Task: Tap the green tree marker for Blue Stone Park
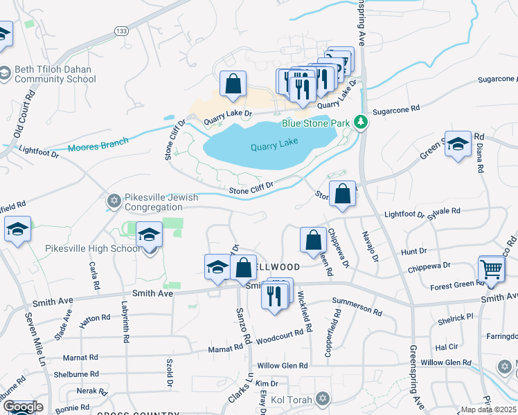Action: point(359,122)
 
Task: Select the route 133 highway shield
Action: point(122,30)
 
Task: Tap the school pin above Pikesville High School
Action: point(149,237)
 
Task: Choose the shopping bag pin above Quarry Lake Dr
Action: point(233,85)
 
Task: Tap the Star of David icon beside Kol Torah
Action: point(321,398)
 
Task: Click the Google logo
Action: point(23,407)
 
